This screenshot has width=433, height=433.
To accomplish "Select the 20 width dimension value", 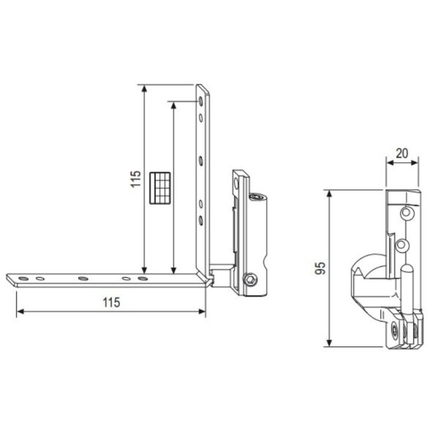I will coord(401,153).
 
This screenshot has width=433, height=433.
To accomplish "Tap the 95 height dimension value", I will coord(321,268).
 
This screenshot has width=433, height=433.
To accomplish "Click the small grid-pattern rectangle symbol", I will coord(160,188).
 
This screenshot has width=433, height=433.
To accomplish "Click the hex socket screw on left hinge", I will coord(251,280).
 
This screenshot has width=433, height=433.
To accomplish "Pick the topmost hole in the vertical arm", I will coord(200,101).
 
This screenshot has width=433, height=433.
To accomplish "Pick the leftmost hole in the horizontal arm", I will coord(22,279).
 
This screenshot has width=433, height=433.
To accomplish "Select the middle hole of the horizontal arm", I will coord(82,279).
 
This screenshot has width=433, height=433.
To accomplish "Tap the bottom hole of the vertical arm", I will coord(200,220).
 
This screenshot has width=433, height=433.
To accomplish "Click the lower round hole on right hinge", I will coord(401,245).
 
